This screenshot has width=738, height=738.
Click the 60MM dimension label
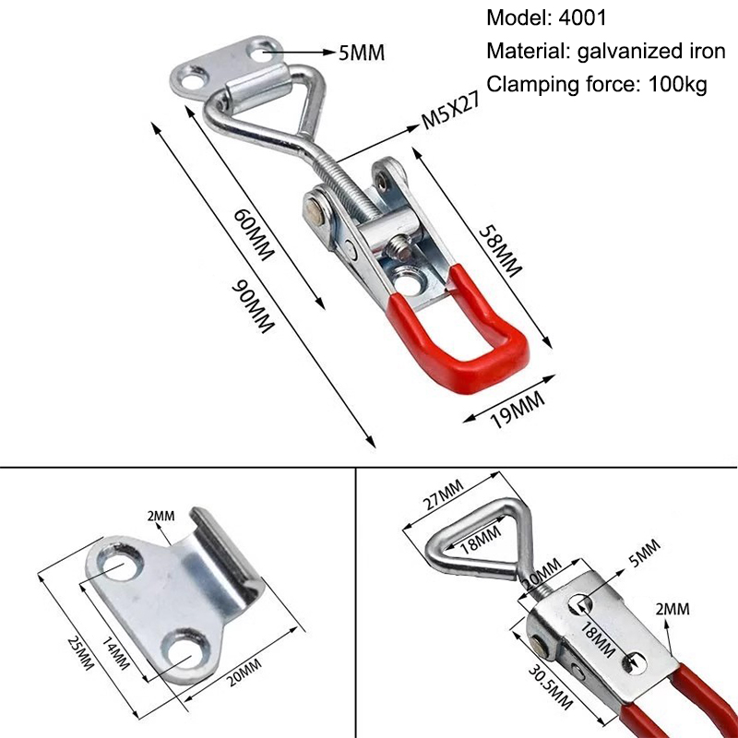click(254, 234)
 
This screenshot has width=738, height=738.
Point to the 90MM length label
click(253, 306)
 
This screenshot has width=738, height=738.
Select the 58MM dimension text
click(500, 252)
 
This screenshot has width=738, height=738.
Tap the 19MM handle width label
click(518, 410)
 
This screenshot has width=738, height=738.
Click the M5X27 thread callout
click(451, 111)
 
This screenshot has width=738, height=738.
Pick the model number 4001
click(583, 18)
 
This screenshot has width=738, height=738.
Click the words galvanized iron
click(651, 52)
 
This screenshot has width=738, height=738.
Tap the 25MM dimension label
click(80, 652)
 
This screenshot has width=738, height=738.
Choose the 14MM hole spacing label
click(116, 653)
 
